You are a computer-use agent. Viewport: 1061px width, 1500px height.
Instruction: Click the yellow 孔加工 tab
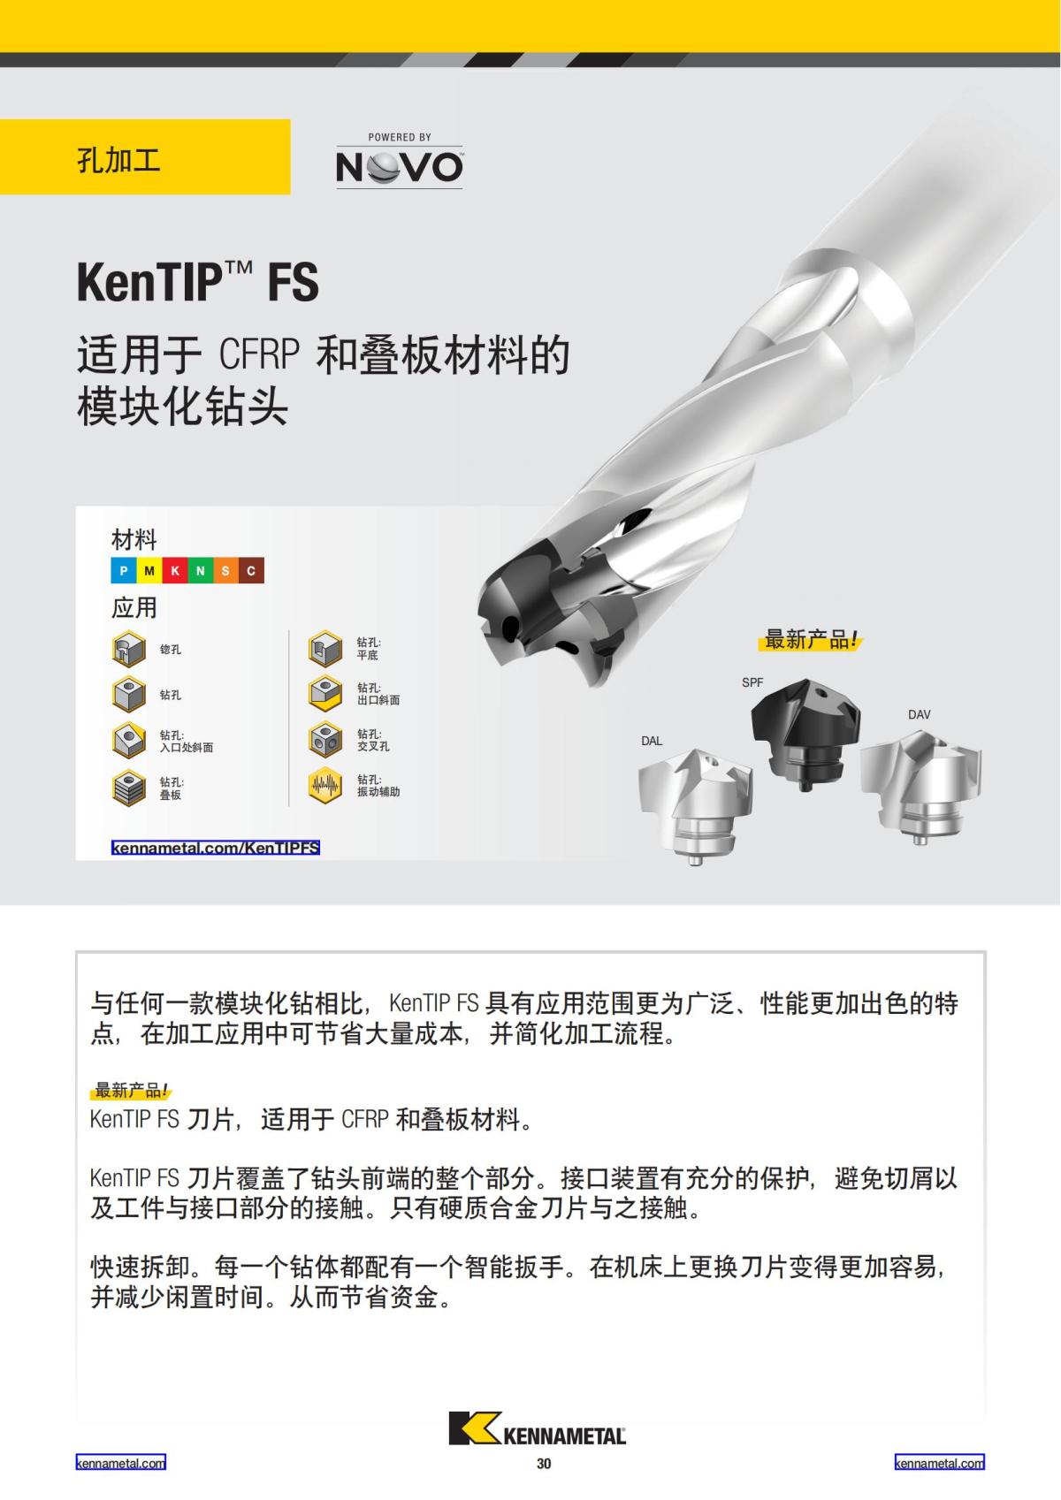point(145,157)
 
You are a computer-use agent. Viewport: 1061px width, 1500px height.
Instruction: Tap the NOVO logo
point(399,162)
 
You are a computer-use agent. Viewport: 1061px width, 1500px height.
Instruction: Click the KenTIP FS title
point(197,282)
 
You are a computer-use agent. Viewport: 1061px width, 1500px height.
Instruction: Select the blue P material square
point(123,571)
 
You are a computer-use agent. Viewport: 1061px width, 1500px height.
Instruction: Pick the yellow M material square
point(149,571)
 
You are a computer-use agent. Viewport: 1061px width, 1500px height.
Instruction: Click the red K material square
point(174,571)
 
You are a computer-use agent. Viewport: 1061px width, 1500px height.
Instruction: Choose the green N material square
point(200,571)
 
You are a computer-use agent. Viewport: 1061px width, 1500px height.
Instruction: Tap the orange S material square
point(225,571)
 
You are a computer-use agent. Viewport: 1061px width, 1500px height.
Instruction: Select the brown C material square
point(251,571)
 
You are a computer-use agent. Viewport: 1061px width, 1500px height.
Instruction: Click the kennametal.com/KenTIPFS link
point(215,848)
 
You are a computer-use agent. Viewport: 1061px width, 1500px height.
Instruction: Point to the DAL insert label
point(652,741)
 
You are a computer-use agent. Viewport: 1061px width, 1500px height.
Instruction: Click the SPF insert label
point(752,682)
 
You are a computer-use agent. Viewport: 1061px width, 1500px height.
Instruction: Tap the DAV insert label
point(919,714)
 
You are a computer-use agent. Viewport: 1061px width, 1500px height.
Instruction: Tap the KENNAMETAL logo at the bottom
point(537,1429)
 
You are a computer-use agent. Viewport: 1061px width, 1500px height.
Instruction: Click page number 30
point(544,1464)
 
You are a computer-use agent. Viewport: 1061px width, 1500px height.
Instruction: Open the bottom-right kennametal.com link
point(939,1463)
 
